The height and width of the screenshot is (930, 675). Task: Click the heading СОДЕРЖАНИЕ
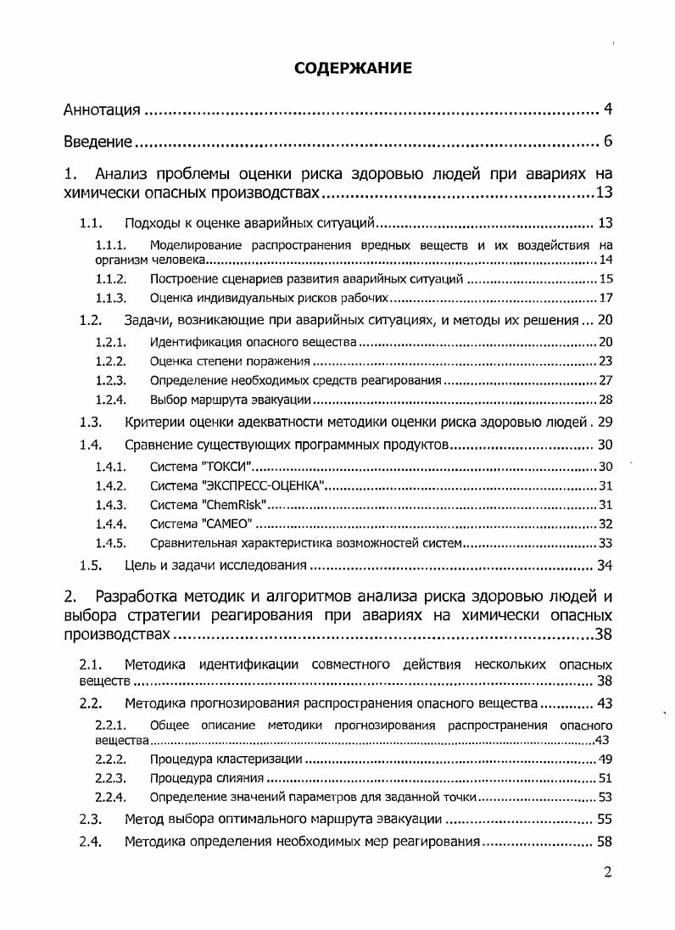353,69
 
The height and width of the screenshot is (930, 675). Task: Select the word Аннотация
103,110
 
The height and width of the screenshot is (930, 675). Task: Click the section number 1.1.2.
110,278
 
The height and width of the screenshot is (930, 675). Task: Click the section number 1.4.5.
110,543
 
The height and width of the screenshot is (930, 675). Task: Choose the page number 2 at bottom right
607,871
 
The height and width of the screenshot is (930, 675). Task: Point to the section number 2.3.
91,820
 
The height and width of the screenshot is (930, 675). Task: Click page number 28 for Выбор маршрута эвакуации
605,400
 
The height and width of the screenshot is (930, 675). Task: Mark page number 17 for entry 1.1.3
605,298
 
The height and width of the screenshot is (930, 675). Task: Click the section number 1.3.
91,422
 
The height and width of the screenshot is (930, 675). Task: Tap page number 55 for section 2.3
604,820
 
